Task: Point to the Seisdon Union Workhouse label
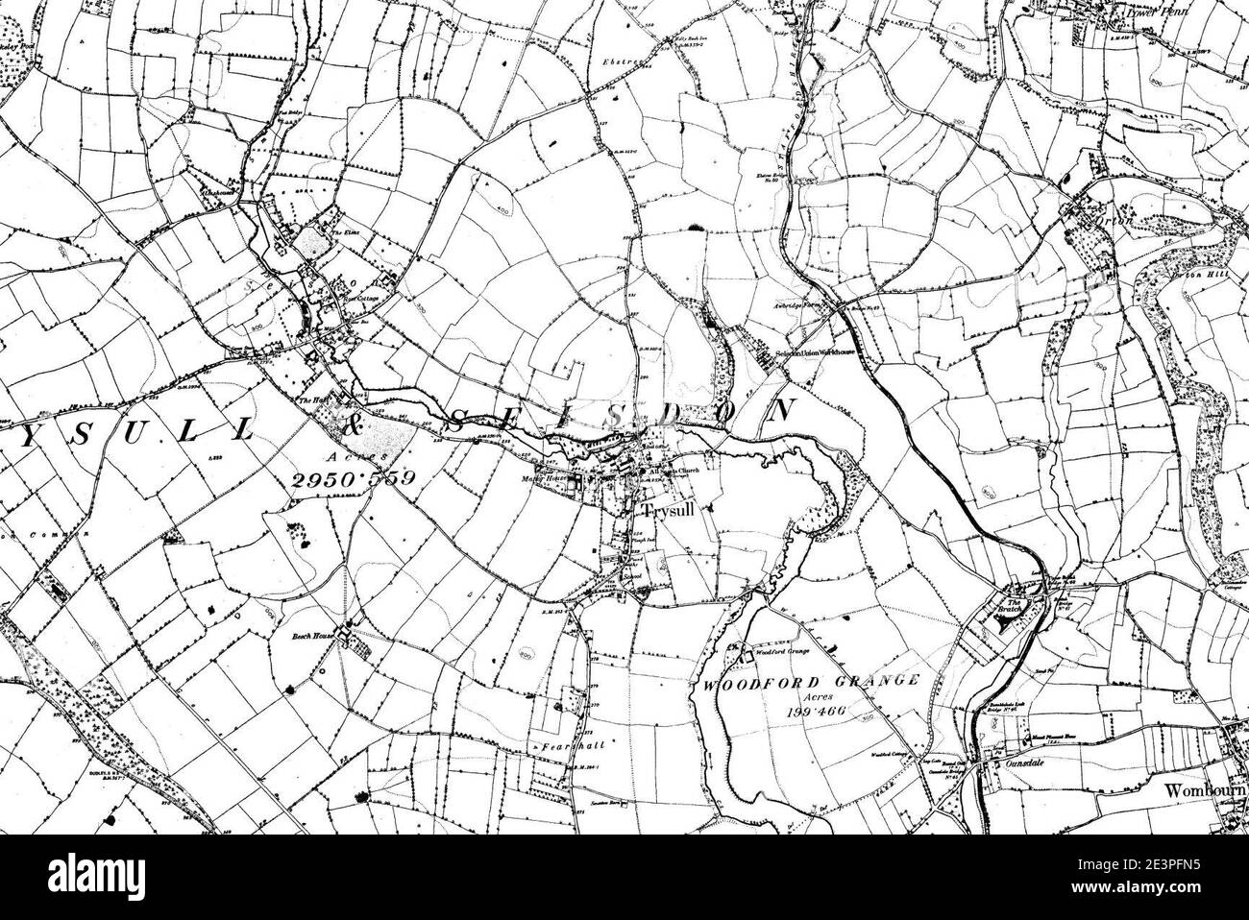tap(815, 354)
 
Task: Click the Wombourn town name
tap(1205, 790)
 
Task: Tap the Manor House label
tap(540, 477)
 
